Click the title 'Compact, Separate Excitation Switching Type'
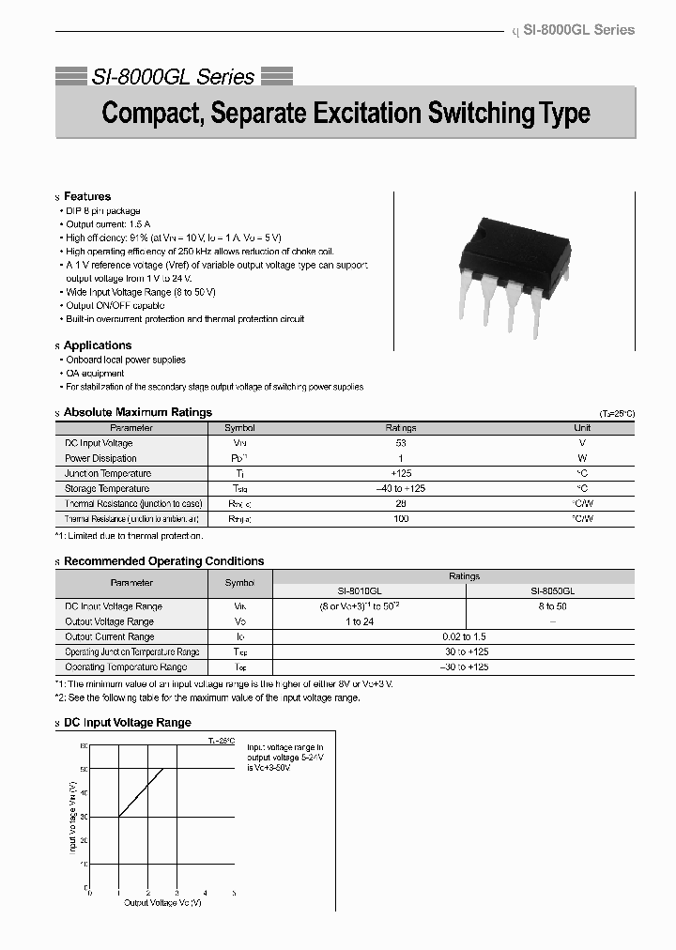[346, 114]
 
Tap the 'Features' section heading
[87, 196]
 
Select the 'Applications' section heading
[98, 345]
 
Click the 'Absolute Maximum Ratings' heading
[138, 412]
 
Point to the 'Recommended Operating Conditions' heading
[163, 561]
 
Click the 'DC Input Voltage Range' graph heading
[127, 723]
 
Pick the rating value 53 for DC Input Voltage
[402, 443]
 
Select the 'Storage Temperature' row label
[107, 488]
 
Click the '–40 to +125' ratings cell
[402, 488]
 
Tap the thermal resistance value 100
[402, 518]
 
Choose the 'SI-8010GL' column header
[360, 591]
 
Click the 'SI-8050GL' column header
[553, 591]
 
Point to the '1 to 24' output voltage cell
[360, 621]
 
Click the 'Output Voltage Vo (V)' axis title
[162, 902]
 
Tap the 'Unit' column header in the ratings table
[582, 428]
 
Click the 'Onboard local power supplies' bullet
[126, 360]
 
